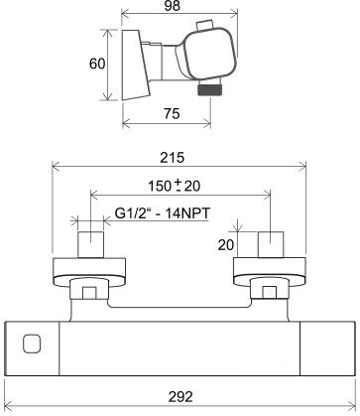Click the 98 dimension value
pos(173,6)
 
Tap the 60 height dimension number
pos(97,64)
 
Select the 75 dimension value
pos(172,113)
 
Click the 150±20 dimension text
pos(174,186)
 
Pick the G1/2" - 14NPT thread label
pos(162,213)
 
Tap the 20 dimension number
pos(225,245)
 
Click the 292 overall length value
pos(180,396)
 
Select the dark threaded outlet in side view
pos(208,89)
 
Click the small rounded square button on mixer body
pos(32,344)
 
